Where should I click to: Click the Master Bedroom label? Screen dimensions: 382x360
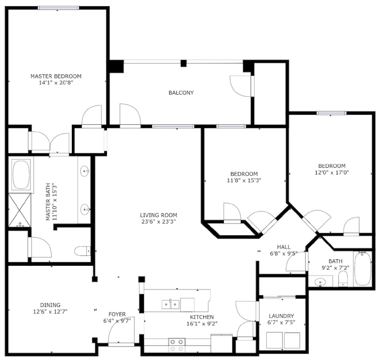(x=56, y=76)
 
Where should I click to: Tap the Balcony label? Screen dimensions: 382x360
(x=181, y=93)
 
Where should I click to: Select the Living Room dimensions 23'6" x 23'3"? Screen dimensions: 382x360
(x=158, y=222)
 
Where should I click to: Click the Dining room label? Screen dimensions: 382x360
(x=50, y=305)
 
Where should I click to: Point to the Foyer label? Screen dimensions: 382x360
(x=117, y=314)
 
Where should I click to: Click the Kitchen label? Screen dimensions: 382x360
(x=202, y=317)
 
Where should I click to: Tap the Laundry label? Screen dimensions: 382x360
(x=281, y=316)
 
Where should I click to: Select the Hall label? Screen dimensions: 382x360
(x=283, y=247)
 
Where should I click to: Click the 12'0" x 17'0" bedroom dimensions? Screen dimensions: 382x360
(x=332, y=172)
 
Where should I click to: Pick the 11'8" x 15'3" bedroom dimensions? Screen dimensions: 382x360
(x=244, y=180)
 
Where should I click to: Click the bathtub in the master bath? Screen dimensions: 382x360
(x=21, y=174)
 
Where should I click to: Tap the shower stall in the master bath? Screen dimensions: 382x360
(x=20, y=210)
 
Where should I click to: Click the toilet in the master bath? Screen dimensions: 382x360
(x=82, y=251)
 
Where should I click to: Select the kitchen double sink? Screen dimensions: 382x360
(x=170, y=304)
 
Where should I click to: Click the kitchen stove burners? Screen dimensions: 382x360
(x=176, y=345)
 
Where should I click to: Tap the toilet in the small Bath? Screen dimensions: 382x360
(x=343, y=279)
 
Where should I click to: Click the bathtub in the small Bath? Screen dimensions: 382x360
(x=363, y=269)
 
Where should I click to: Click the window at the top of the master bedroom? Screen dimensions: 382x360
(x=59, y=8)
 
